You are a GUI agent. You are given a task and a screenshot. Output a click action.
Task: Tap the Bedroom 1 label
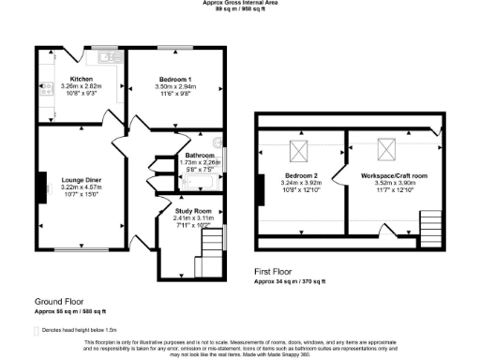tap(176, 80)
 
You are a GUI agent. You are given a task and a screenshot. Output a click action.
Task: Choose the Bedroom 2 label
tap(302, 175)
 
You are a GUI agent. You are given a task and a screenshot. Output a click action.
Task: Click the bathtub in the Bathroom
tap(200, 182)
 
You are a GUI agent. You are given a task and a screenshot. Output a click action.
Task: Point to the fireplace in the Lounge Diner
tap(41, 182)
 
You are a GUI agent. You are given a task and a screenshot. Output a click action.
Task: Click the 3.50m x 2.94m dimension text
tap(176, 87)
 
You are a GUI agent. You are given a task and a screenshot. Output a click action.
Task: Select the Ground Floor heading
tap(59, 301)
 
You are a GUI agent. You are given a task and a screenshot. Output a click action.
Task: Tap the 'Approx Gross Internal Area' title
tap(240, 3)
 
